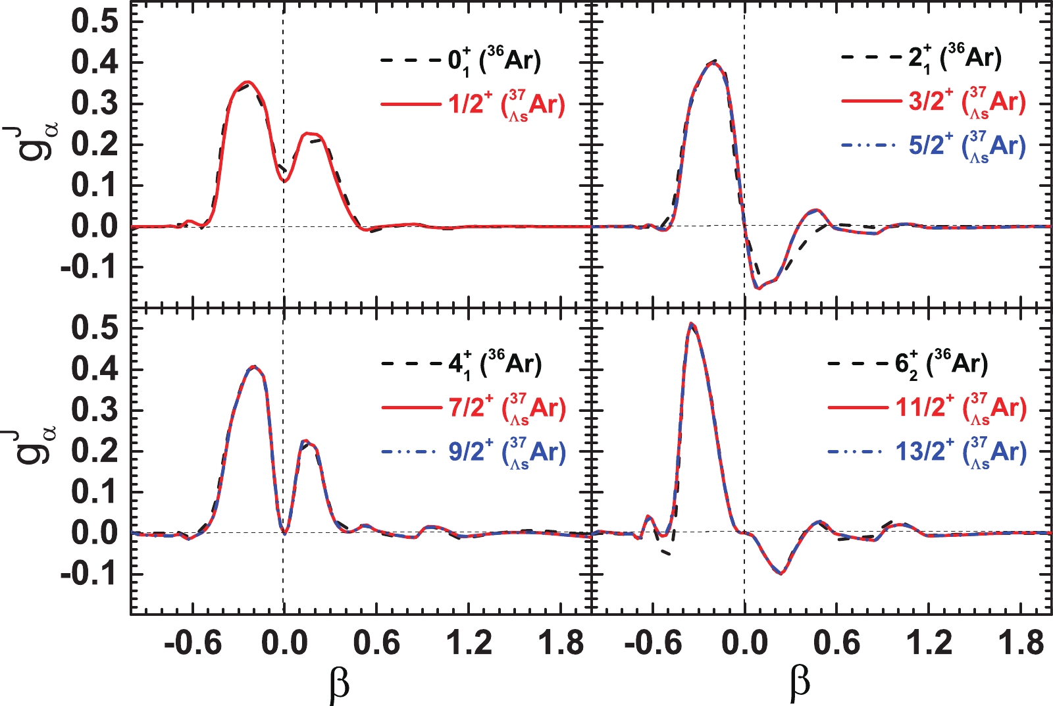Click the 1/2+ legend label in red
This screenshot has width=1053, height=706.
(505, 104)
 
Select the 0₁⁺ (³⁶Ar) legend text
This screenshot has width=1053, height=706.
(494, 61)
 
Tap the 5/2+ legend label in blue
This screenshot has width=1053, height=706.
(966, 146)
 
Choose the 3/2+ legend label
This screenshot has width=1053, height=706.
(966, 103)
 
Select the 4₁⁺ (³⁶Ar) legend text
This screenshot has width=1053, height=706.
(494, 364)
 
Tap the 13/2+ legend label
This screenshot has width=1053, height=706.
(960, 452)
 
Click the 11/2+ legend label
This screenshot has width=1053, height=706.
(960, 409)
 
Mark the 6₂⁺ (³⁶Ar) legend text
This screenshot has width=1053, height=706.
(941, 364)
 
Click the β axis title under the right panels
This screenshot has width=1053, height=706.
(799, 684)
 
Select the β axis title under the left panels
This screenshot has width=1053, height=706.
(338, 684)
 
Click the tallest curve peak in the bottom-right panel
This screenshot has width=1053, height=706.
(690, 324)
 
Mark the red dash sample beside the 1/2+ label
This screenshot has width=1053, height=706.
(409, 104)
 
